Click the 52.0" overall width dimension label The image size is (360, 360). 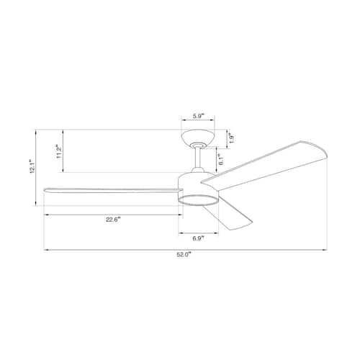(x=184, y=255)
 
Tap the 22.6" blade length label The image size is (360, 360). (x=113, y=220)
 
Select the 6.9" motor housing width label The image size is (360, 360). (x=198, y=238)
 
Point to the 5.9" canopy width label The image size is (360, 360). (x=198, y=116)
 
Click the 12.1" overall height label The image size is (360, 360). (x=32, y=166)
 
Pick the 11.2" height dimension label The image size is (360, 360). (x=59, y=151)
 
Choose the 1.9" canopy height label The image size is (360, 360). (x=231, y=138)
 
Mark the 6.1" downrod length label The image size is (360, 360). (x=222, y=159)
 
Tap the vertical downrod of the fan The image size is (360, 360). (x=198, y=158)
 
